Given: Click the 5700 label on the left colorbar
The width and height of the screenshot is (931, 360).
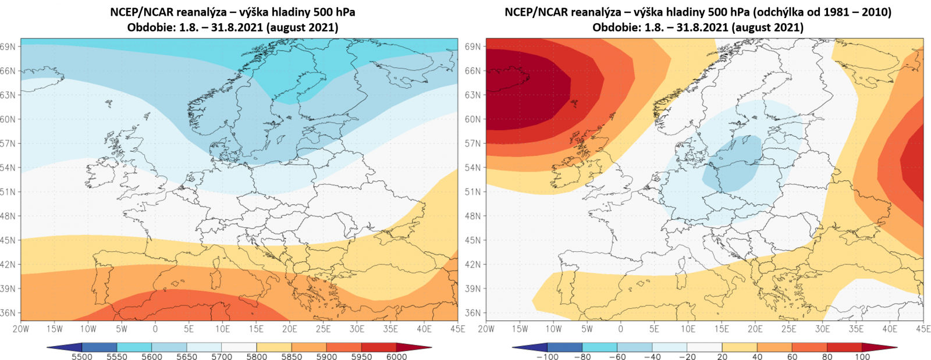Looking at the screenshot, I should [x=222, y=357].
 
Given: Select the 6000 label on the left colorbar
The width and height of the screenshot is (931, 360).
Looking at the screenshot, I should [x=397, y=357].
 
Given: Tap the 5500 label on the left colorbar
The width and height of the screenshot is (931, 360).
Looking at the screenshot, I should [x=82, y=357].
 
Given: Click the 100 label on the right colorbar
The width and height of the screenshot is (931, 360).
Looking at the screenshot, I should [x=862, y=357].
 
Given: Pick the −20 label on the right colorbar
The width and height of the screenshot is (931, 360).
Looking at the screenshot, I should [x=687, y=357].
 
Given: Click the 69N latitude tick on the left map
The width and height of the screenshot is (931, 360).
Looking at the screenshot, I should [x=8, y=47].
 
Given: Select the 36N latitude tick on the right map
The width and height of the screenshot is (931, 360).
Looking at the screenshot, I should [x=473, y=313].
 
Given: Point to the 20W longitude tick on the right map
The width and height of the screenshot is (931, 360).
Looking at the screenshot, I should [x=486, y=329].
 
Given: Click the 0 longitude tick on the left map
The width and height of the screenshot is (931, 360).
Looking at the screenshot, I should [x=155, y=329].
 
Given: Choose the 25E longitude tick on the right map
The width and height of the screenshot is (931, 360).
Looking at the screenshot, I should [x=788, y=329].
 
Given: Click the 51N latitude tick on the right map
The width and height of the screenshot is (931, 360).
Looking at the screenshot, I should [x=473, y=192].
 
